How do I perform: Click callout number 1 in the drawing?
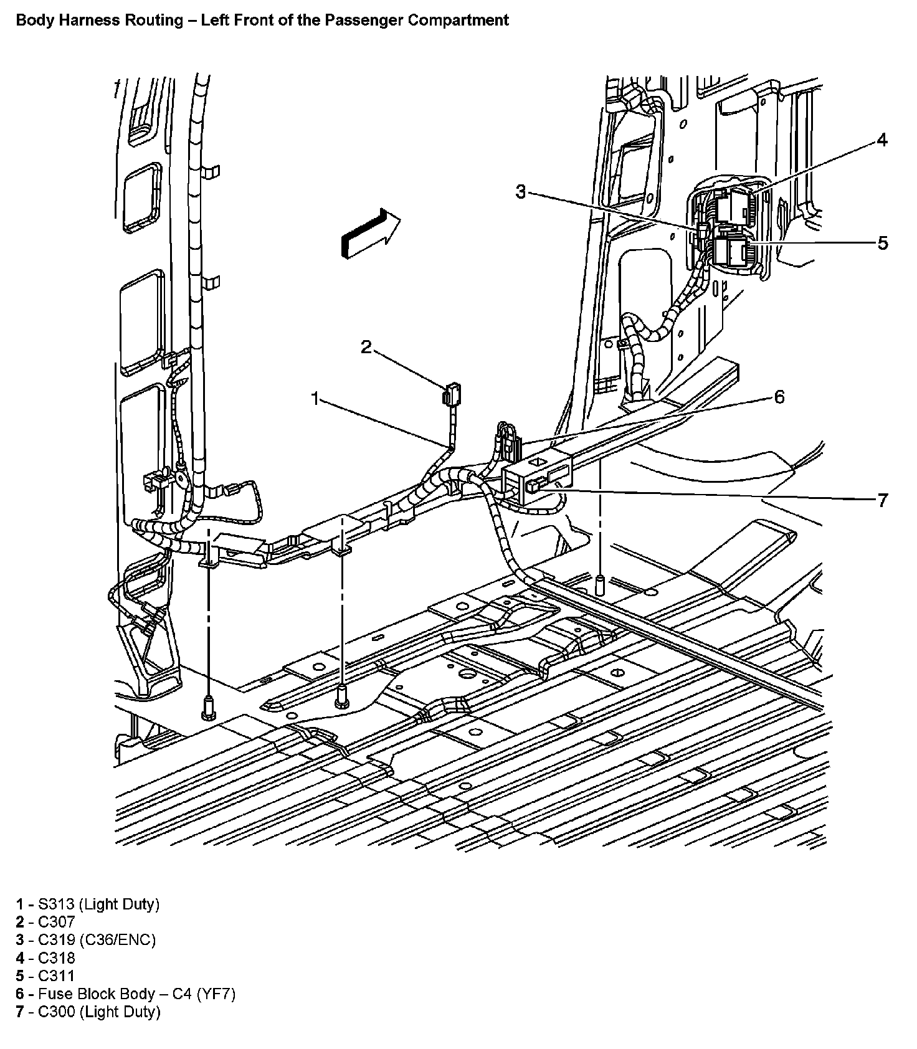click(x=316, y=398)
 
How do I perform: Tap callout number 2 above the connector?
click(x=366, y=347)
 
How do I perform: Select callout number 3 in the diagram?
click(x=521, y=192)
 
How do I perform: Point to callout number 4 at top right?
click(x=881, y=140)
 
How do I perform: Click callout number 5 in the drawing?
click(x=883, y=243)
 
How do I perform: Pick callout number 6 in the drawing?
click(x=779, y=397)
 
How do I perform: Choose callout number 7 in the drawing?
click(x=882, y=500)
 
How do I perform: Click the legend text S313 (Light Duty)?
click(x=98, y=904)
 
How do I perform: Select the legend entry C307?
click(x=56, y=922)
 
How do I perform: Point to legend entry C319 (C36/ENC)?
click(x=97, y=940)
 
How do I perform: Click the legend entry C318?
click(x=56, y=958)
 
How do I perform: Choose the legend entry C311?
click(x=56, y=976)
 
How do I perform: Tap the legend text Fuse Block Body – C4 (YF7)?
click(x=136, y=994)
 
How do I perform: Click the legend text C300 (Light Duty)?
click(x=99, y=1012)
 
